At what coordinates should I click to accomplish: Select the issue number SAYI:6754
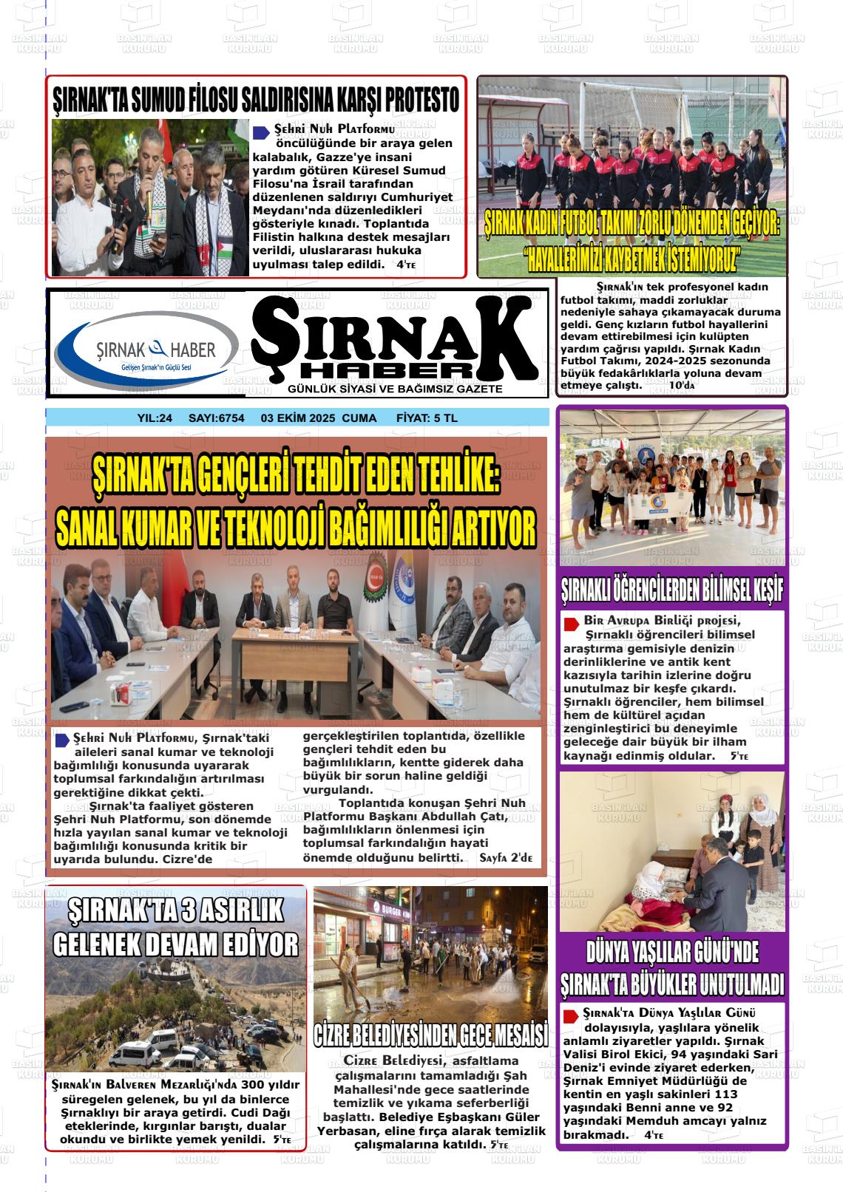217,418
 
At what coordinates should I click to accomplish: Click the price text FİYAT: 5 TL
427,418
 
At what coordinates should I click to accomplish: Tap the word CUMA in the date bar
359,418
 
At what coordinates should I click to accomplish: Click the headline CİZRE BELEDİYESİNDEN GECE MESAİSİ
430,1034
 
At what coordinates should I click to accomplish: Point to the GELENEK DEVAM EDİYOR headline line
175,944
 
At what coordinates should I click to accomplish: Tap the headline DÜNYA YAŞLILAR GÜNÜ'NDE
671,951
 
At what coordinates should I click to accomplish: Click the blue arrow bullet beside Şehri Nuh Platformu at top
261,132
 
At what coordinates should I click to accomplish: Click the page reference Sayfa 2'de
506,857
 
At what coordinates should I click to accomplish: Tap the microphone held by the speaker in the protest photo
147,201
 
